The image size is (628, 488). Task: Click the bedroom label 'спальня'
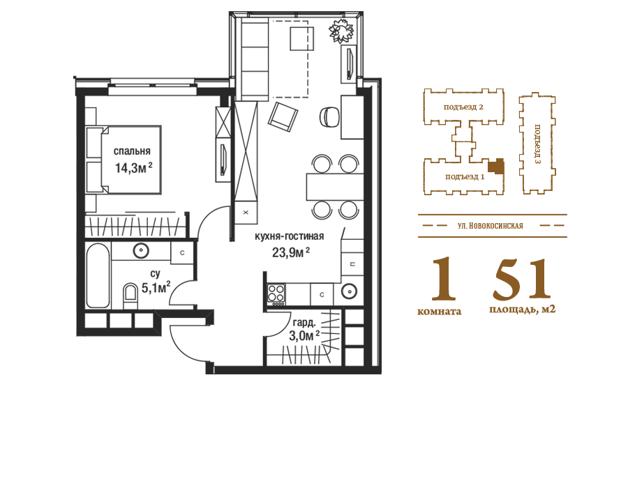[x=132, y=151]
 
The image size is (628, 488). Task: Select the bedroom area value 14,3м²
[x=134, y=167]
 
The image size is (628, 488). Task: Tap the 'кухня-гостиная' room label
[x=290, y=236]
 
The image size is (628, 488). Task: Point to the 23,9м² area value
[x=291, y=252]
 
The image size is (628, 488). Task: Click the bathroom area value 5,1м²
[x=156, y=288]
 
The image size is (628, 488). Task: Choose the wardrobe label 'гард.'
[x=304, y=322]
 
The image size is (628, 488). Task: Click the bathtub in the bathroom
[x=98, y=275]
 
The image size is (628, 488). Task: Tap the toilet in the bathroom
[x=130, y=296]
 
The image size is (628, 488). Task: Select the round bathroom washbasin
[x=141, y=251]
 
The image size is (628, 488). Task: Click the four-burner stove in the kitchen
[x=276, y=293]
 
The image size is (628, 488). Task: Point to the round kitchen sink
[x=349, y=291]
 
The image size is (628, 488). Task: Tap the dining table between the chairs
[x=335, y=187]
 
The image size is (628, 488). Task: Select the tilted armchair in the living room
[x=283, y=116]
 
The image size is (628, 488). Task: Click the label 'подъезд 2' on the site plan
[x=463, y=107]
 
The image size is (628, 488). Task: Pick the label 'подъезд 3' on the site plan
[x=537, y=144]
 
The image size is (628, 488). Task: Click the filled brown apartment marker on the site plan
[x=497, y=166]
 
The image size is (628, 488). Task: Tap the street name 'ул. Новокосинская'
[x=491, y=226]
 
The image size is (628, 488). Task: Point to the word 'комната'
[x=440, y=311]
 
